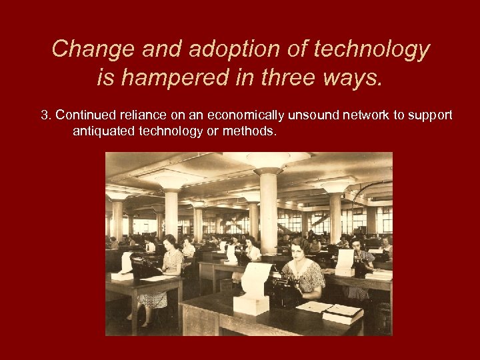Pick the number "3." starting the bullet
pos(46,115)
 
